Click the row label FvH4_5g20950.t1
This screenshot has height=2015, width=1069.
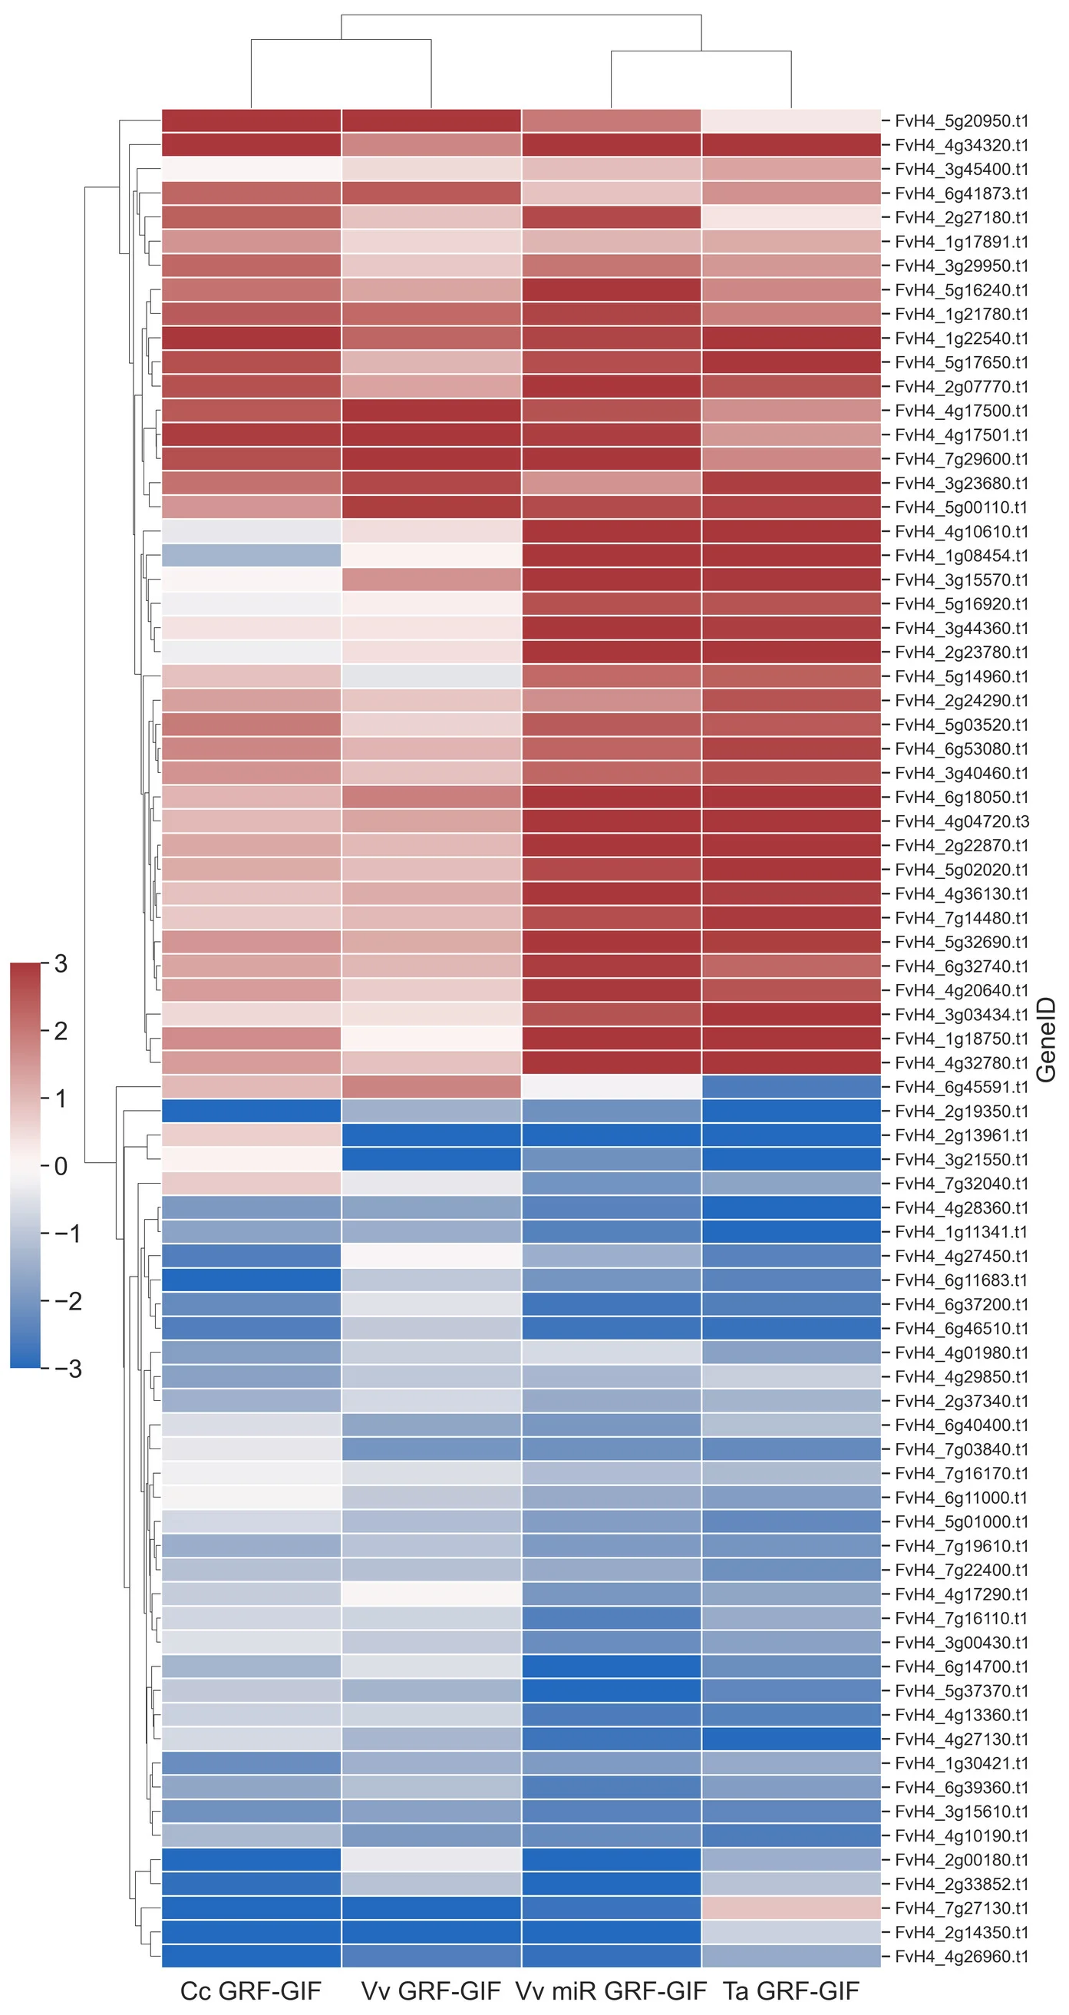961,121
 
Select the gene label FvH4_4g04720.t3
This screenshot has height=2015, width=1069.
961,821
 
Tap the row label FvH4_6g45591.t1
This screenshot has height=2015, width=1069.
961,1086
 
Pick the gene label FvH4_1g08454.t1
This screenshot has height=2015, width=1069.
961,556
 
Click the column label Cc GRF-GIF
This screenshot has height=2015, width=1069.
250,1990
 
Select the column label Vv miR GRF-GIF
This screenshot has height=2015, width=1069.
611,1990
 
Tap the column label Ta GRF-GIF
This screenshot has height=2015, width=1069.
790,1990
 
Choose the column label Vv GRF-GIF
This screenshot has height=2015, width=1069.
431,1990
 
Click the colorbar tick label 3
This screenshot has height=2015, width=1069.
60,963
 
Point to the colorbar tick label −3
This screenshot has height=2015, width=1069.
68,1368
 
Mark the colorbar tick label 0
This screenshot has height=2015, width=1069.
60,1166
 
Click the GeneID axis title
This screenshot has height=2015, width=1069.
1045,1039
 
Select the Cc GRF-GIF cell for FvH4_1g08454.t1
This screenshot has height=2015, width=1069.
251,556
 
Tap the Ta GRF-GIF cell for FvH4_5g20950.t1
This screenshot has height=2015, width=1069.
790,121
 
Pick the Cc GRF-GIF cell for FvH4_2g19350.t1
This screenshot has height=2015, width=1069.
251,1111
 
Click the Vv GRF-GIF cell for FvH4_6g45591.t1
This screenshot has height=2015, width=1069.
431,1086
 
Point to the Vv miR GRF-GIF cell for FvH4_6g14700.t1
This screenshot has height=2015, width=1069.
611,1667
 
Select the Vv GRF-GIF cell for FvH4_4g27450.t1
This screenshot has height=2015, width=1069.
431,1256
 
